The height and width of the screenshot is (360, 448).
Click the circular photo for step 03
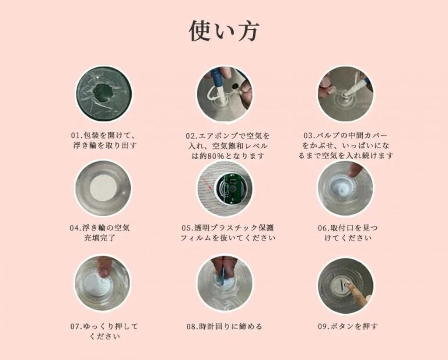point(346,94)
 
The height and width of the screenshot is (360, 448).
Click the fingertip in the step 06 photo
point(355,169)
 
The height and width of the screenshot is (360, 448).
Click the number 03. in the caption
point(309,135)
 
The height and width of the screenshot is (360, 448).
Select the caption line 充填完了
point(99,238)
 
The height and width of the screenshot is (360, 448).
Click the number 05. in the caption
point(188,228)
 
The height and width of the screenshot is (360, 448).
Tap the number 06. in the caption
point(324,228)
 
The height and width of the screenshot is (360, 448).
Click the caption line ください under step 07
point(105,336)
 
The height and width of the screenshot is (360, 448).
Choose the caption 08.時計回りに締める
point(224,326)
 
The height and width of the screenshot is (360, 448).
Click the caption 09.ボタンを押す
point(347,326)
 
